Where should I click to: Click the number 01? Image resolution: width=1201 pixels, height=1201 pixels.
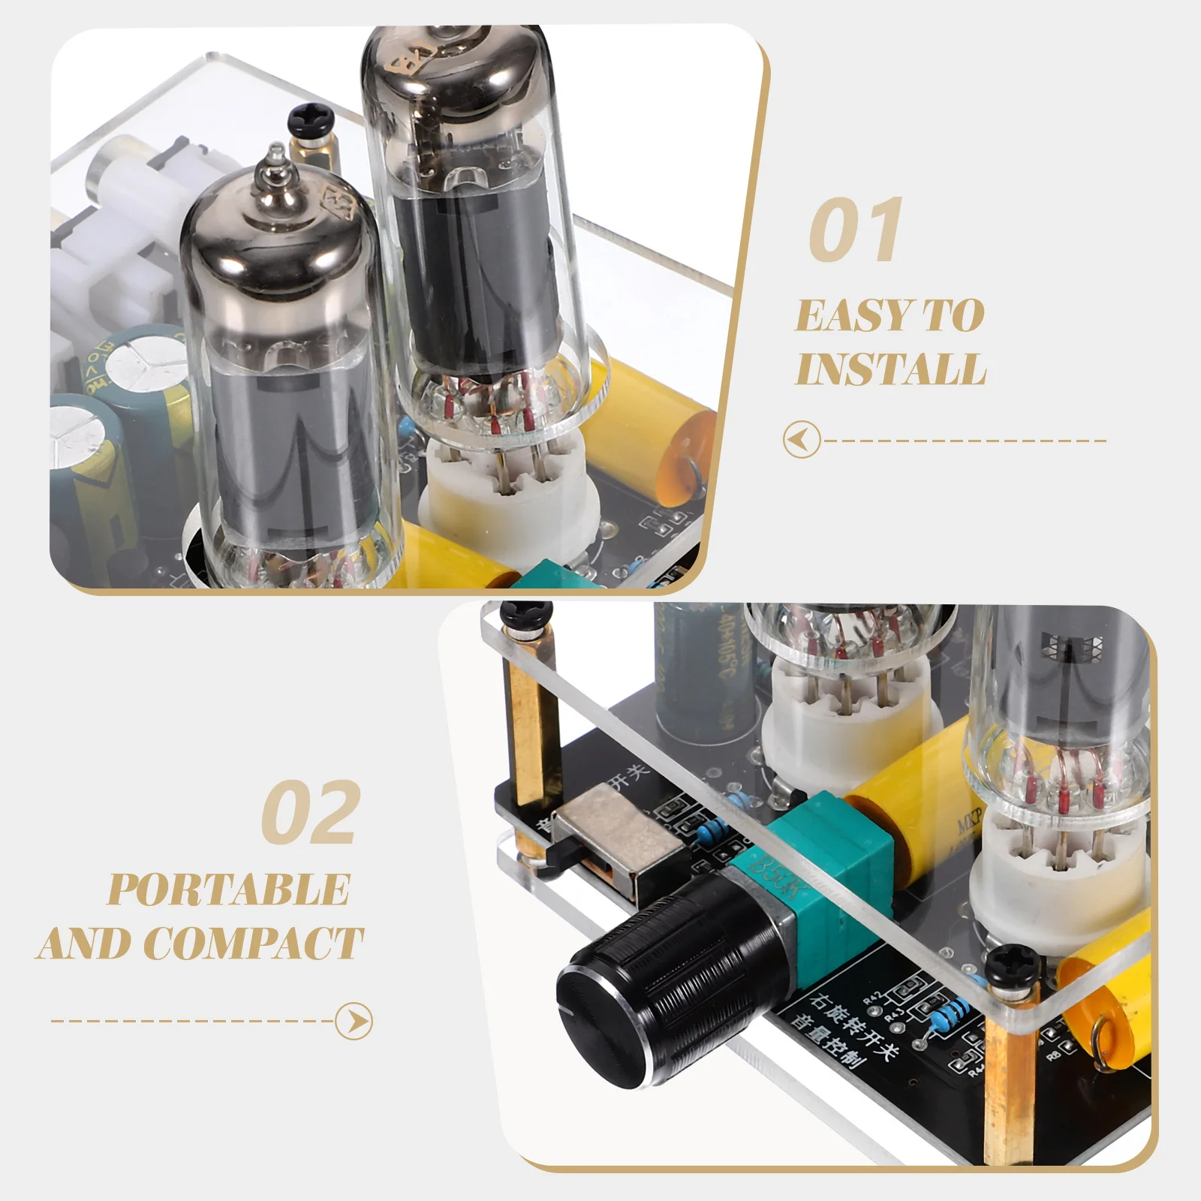click(856, 230)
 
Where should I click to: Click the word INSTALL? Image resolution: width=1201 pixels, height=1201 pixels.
click(891, 369)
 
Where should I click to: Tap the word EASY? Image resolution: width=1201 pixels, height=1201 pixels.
click(849, 315)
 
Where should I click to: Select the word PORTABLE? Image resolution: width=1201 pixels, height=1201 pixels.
click(229, 889)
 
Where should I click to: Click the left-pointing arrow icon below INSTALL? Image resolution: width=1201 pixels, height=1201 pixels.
click(801, 440)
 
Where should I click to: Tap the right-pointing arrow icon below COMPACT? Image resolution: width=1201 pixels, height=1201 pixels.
click(354, 1021)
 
